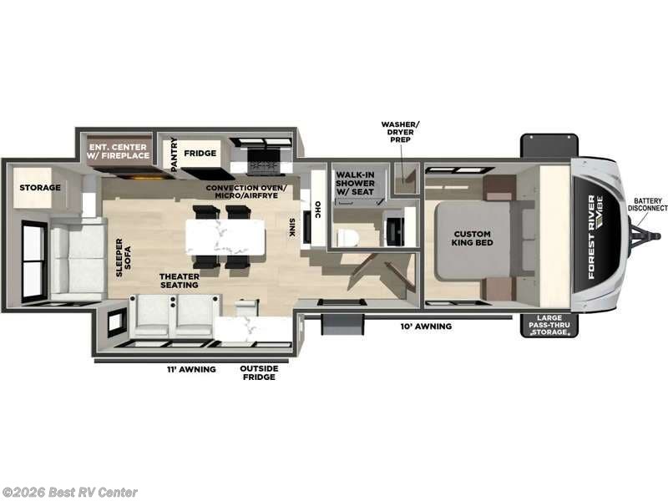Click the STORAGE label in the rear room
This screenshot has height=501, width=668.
[x=40, y=187]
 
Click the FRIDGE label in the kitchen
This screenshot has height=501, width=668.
[x=201, y=154]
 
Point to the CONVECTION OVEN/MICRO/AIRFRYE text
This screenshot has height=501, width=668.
[x=250, y=191]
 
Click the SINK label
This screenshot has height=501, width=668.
[x=291, y=228]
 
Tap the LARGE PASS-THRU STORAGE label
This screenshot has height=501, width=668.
[x=549, y=326]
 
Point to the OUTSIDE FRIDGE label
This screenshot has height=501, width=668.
[x=257, y=372]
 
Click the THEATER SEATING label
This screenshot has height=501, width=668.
[x=180, y=280]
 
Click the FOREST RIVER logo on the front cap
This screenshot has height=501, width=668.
[x=596, y=236]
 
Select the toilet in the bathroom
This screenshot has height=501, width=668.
[x=348, y=237]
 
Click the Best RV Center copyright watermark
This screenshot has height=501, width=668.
[x=70, y=493]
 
